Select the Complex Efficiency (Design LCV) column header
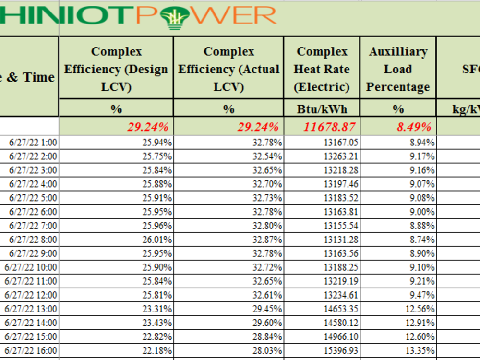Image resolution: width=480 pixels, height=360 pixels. point(116,69)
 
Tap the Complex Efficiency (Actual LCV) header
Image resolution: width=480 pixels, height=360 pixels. point(228,69)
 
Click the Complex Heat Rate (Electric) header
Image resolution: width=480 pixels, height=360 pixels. point(322,69)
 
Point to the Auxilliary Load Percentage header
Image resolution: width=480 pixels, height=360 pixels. point(398,69)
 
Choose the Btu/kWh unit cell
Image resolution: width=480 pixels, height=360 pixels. point(322,109)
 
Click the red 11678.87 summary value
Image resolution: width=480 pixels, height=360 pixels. point(329,127)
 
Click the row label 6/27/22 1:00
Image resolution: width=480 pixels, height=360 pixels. point(33,143)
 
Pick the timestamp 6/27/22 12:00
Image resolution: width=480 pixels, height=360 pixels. point(31,295)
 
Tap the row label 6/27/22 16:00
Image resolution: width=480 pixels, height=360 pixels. point(31,350)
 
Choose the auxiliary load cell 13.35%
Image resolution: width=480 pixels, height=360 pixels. point(420,350)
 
